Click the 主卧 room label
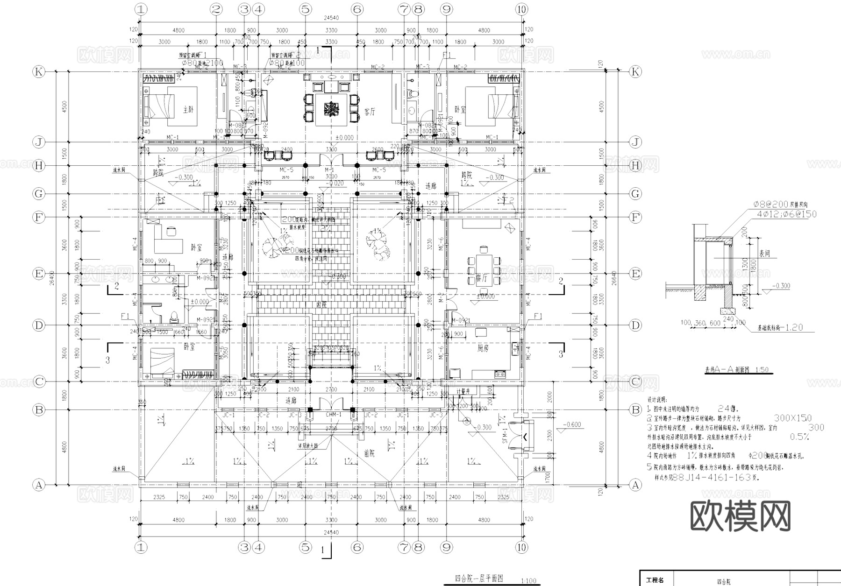[x=188, y=110]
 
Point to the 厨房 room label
[x=483, y=348]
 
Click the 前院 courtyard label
[x=369, y=453]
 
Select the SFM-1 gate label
[x=505, y=438]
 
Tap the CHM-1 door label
[x=333, y=415]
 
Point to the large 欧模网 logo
[x=741, y=516]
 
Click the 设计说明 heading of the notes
[x=657, y=400]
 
